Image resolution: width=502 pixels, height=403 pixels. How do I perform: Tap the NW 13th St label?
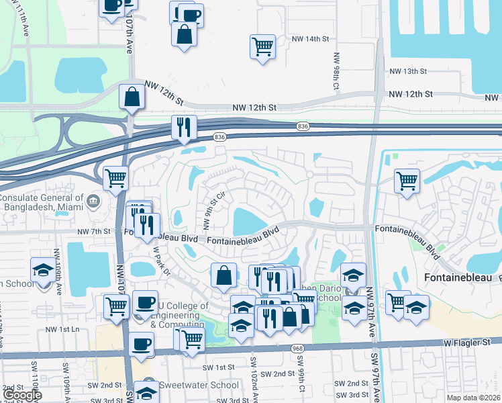(409, 71)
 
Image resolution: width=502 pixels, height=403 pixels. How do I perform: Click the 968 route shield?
(297, 349)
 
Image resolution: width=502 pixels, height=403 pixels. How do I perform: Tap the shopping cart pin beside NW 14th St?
(262, 46)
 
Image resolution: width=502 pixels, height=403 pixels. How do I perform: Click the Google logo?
(22, 395)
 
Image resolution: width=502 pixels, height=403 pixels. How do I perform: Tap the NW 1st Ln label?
(62, 330)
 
